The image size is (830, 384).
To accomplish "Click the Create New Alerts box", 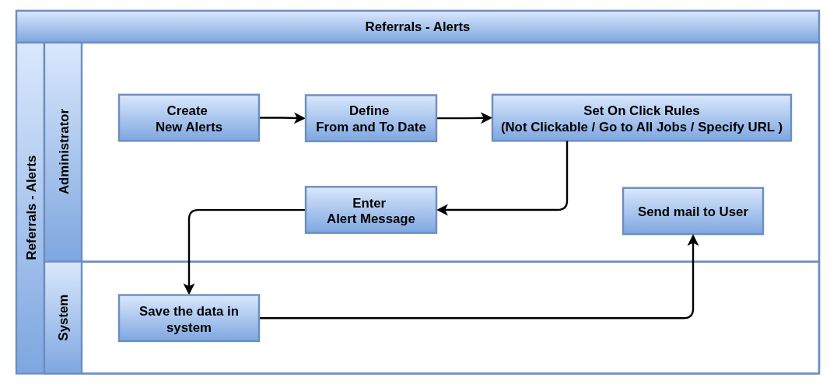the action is click(189, 118).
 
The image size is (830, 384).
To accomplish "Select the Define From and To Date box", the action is click(371, 118).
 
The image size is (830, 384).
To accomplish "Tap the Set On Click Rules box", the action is click(642, 118).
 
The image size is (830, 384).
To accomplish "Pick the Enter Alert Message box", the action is click(371, 210).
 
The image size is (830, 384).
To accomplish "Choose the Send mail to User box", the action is click(693, 211).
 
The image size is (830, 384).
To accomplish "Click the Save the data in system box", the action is click(189, 318).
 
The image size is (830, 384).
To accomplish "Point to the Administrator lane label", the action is click(64, 152).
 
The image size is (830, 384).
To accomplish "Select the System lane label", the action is click(64, 317).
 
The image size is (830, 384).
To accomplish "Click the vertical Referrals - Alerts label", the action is click(31, 208).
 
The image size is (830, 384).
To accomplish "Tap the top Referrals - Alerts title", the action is click(418, 26).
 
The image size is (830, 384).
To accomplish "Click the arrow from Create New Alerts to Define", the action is click(282, 118).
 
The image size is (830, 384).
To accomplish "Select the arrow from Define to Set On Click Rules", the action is click(464, 118).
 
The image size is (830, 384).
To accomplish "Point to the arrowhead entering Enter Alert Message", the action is click(443, 210).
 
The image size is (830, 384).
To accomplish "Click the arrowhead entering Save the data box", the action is click(189, 289).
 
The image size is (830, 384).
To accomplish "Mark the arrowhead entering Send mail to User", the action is click(693, 240).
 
